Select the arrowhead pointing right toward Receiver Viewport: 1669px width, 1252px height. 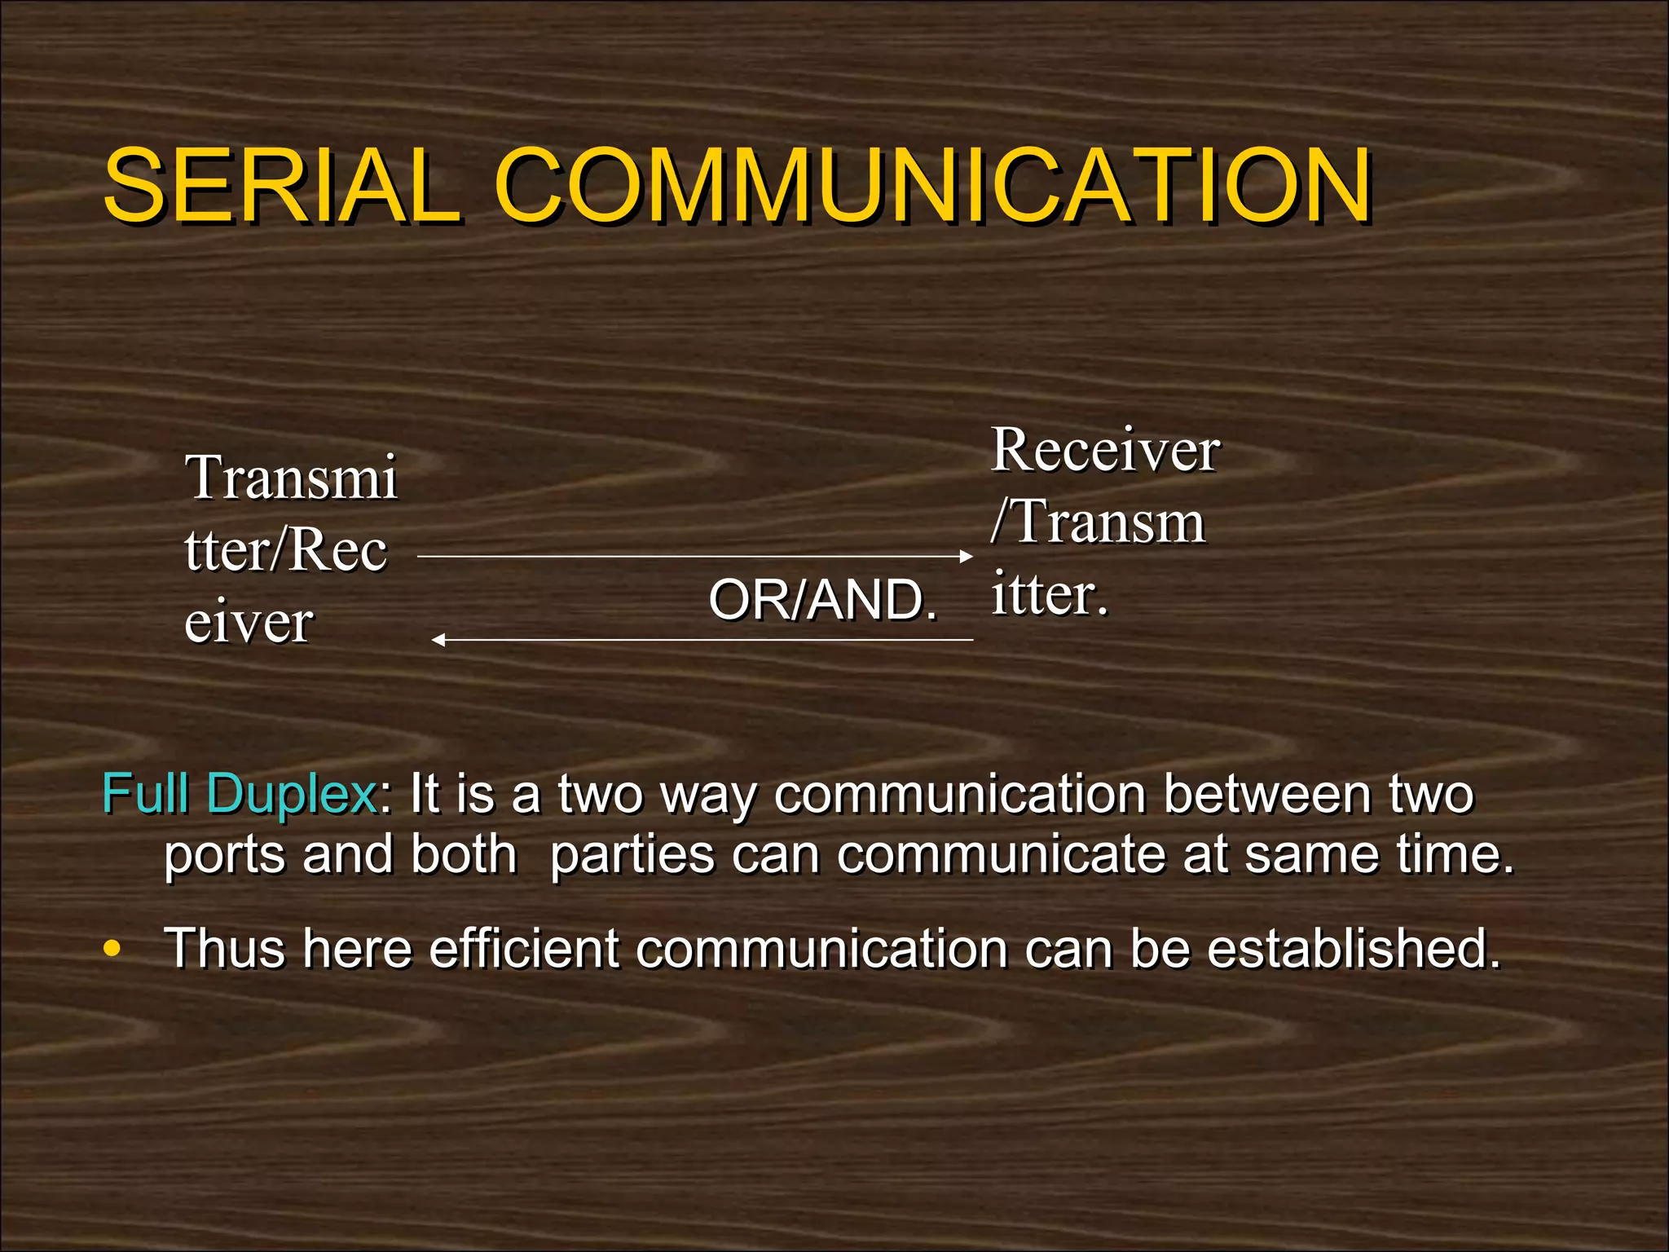click(x=967, y=557)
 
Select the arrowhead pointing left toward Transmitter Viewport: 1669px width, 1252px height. click(x=438, y=640)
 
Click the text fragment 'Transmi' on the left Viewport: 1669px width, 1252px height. click(x=292, y=478)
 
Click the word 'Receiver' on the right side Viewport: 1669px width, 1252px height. click(x=1105, y=450)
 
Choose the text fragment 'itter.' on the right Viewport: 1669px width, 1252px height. click(x=1050, y=594)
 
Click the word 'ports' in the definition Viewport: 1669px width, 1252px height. click(x=224, y=856)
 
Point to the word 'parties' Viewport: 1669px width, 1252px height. click(x=632, y=856)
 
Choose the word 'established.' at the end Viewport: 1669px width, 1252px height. click(x=1354, y=949)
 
